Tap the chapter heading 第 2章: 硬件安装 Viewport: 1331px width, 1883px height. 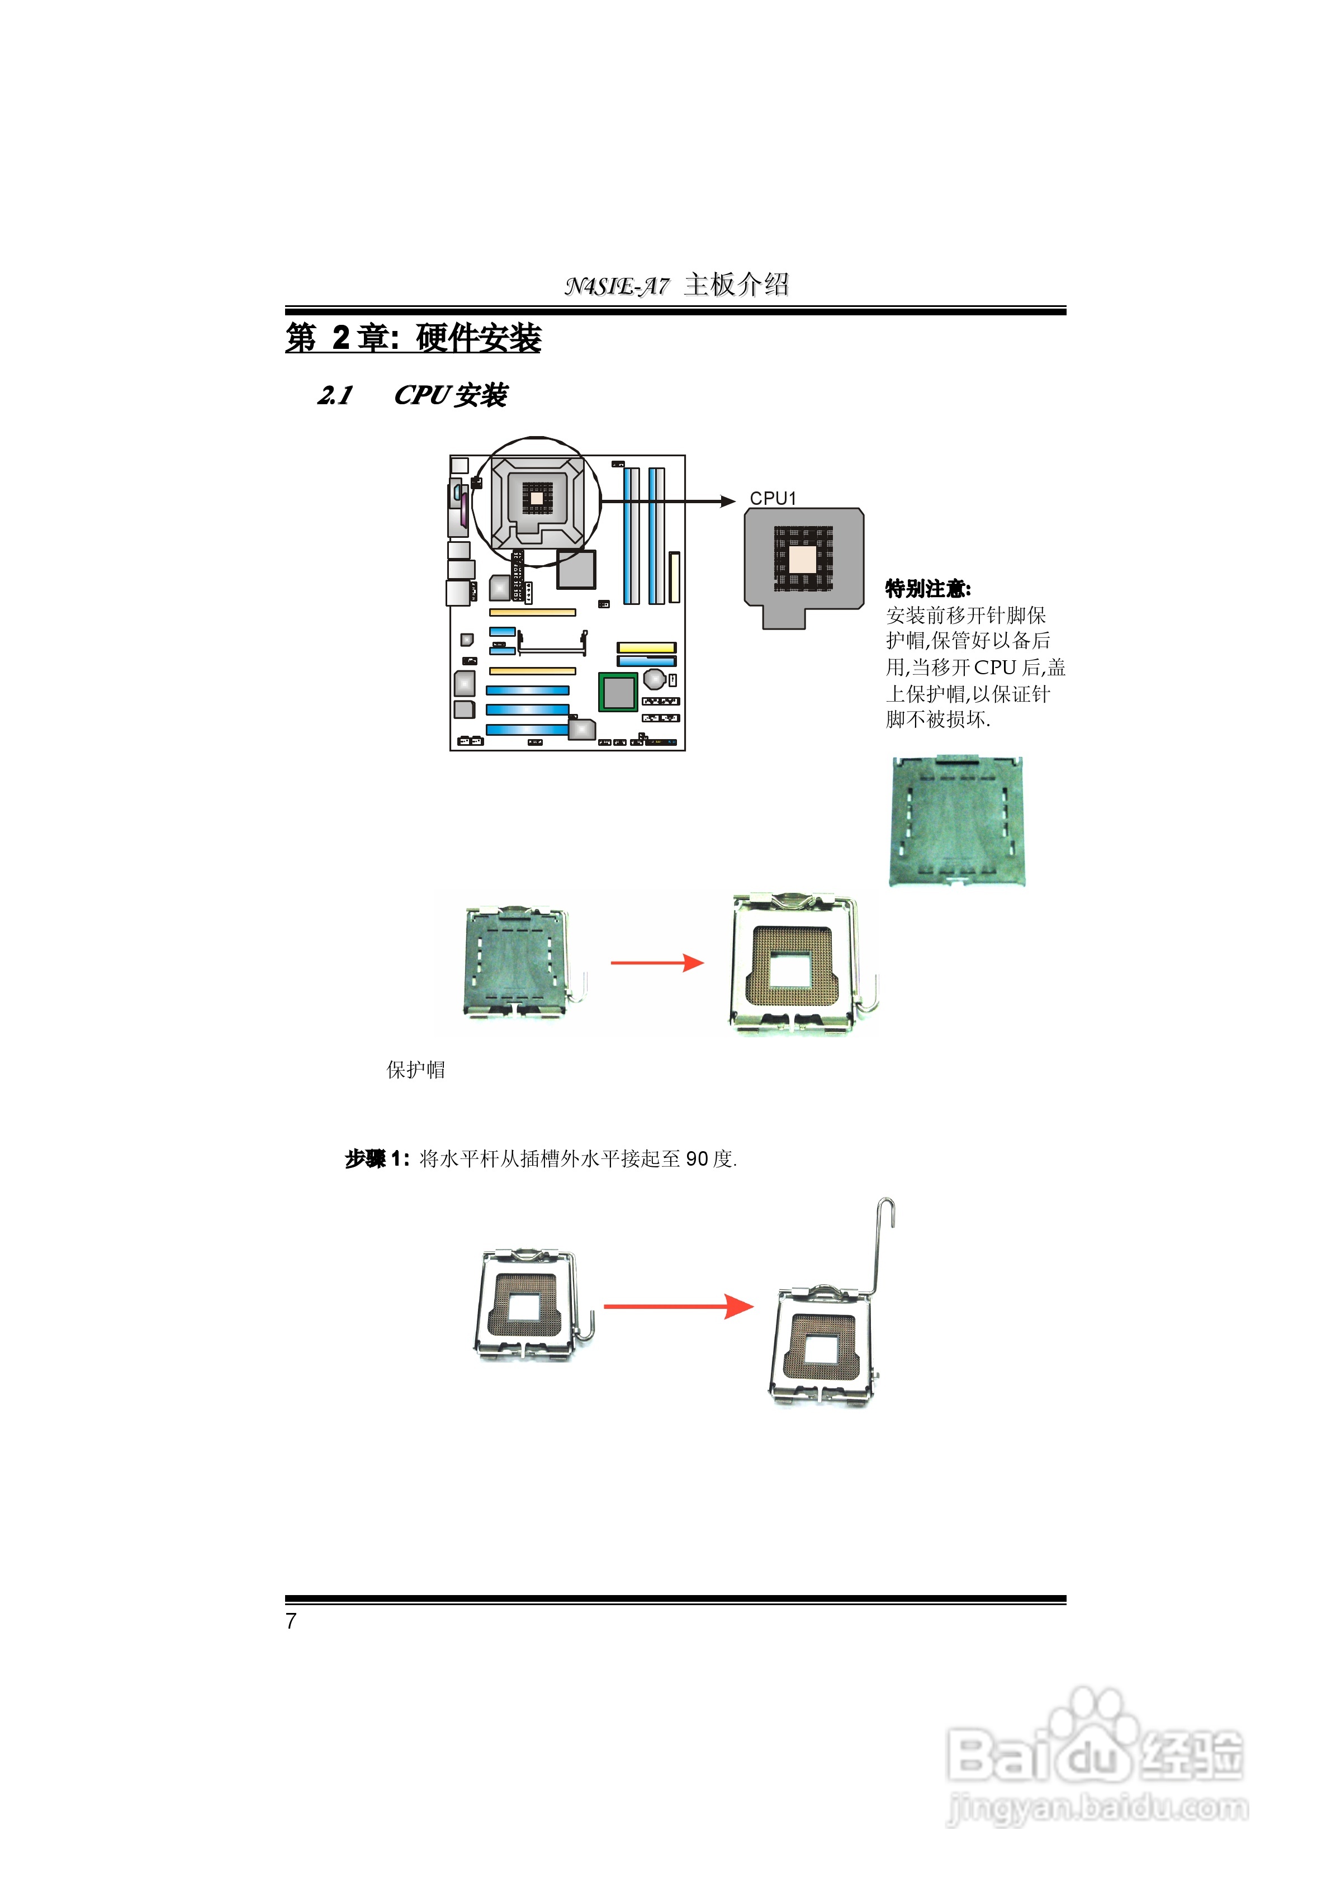tap(413, 338)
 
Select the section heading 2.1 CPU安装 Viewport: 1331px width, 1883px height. tap(413, 395)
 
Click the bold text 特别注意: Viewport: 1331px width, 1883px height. tap(927, 588)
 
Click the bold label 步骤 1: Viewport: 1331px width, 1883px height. tap(376, 1159)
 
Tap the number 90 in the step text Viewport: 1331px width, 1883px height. tap(697, 1159)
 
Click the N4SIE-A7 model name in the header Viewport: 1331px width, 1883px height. tap(616, 285)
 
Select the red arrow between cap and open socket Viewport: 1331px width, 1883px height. tap(657, 963)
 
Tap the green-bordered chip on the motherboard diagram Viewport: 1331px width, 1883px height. tap(618, 692)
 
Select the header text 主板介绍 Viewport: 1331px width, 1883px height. tap(736, 285)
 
